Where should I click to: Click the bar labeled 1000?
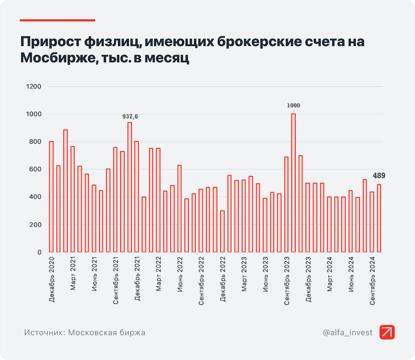point(293,183)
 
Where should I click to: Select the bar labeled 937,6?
point(130,187)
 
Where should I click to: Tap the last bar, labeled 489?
point(379,218)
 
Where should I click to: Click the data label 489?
point(379,176)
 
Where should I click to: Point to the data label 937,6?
point(130,117)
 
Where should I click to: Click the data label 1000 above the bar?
point(294,106)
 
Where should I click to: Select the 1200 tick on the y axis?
point(34,87)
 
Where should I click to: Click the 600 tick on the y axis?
point(35,169)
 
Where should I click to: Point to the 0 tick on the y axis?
point(39,252)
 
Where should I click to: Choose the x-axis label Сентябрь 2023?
point(287,281)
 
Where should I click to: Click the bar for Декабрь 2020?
point(51,197)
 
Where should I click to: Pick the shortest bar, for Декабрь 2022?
point(222,231)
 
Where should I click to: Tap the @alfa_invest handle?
point(348,333)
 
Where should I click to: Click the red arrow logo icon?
point(387,332)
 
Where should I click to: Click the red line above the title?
point(57,20)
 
